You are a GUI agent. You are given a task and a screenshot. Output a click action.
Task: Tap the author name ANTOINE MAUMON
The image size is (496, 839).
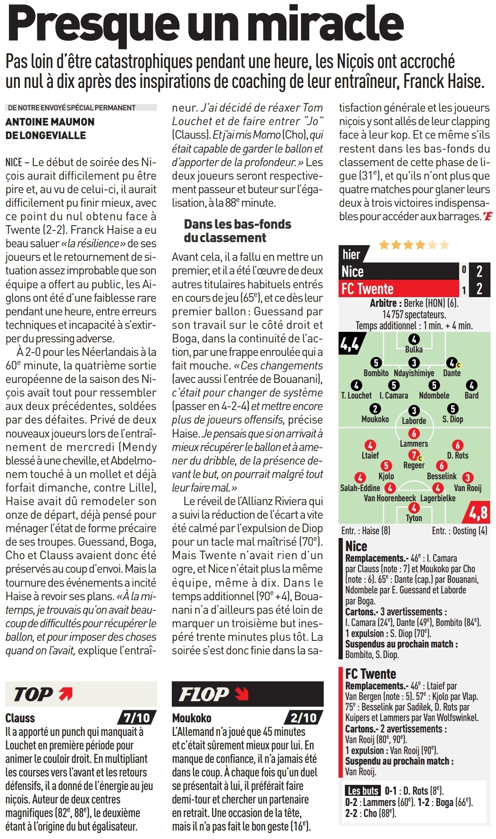(50, 122)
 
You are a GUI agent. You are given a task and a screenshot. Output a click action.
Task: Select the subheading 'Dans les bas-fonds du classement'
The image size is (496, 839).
(237, 231)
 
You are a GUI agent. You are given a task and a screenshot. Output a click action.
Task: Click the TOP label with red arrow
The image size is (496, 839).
(42, 694)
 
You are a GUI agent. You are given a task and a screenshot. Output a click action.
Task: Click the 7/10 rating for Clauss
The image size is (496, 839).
(136, 717)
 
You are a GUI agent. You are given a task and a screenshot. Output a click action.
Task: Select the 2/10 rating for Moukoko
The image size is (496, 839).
(303, 717)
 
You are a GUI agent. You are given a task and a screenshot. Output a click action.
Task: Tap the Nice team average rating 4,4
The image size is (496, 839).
(350, 344)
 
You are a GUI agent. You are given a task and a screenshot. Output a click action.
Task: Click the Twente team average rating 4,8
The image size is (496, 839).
(478, 513)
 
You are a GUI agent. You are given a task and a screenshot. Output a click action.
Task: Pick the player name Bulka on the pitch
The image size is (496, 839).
(413, 350)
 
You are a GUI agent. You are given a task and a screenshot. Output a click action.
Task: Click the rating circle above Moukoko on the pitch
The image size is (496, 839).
(375, 409)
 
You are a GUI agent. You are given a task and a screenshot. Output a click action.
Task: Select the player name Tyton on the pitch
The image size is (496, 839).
(413, 518)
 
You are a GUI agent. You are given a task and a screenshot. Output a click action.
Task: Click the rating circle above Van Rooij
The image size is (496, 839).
(467, 478)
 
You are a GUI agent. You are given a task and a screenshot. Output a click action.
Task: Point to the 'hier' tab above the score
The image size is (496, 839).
(351, 254)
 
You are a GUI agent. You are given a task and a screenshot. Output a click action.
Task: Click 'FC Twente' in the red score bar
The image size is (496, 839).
(367, 289)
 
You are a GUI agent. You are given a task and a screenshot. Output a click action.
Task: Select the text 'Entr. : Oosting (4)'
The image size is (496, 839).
(459, 531)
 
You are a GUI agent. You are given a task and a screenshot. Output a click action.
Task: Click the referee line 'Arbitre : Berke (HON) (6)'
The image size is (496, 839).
(413, 303)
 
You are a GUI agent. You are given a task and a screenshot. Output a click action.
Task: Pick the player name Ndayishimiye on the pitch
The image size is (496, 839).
(413, 373)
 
